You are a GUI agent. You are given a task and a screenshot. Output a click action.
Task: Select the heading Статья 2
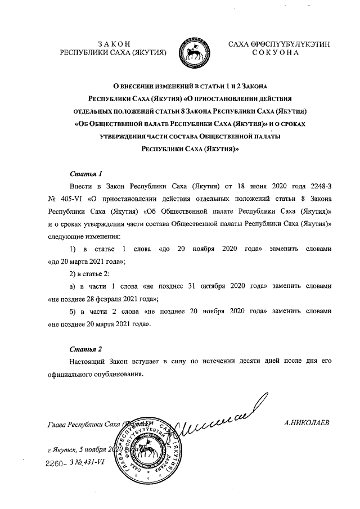coord(85,349)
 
